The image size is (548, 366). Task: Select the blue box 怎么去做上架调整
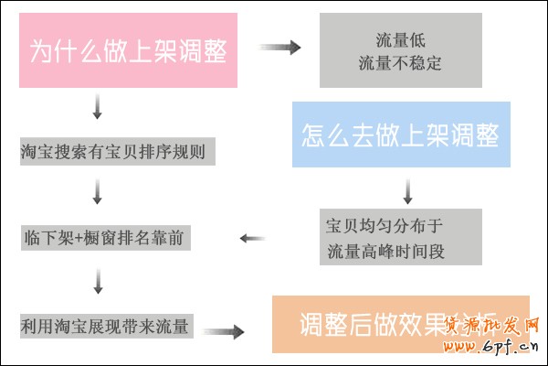coord(400,135)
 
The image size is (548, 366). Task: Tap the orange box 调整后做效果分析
coord(400,324)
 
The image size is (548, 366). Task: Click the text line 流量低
coord(400,39)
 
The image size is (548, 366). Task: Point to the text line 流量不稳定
coord(400,62)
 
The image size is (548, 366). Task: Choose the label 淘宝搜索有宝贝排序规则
coord(118,151)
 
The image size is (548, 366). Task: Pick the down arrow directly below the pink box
coord(97,107)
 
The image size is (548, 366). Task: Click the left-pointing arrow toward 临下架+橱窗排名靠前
coord(253,239)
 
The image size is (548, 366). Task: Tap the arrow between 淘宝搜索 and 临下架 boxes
coord(97,193)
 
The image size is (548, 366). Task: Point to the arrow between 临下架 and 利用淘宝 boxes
coord(97,285)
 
